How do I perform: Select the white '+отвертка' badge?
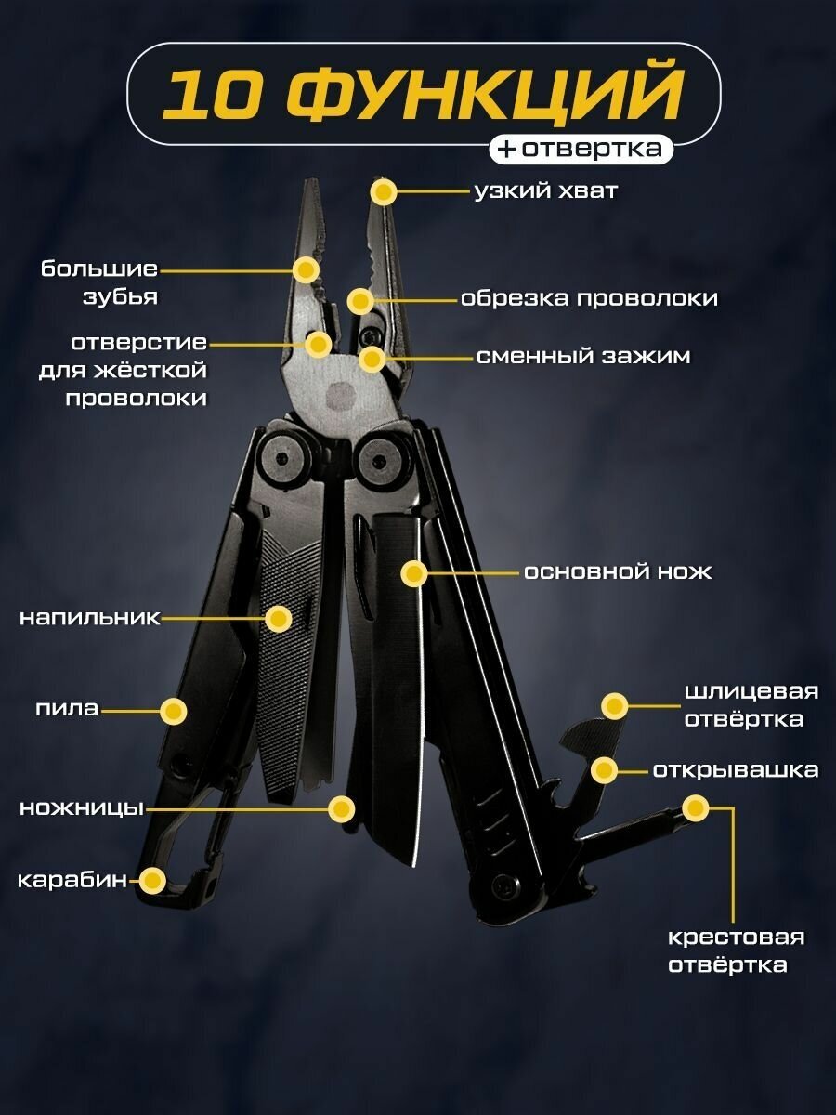tap(581, 149)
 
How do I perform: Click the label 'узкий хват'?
tap(545, 192)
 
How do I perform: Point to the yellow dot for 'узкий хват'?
tap(384, 192)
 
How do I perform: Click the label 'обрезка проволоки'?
tap(589, 299)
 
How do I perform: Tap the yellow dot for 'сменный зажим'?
tap(372, 358)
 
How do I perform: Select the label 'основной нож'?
tap(618, 572)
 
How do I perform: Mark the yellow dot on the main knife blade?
tap(414, 573)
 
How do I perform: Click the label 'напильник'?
tap(90, 618)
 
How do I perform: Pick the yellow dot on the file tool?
tap(278, 618)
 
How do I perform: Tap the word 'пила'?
tap(66, 710)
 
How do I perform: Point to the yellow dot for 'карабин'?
tap(151, 879)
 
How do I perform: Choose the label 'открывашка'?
tap(735, 770)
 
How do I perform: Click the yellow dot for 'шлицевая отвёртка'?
tap(614, 706)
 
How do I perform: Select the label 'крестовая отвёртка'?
tap(737, 951)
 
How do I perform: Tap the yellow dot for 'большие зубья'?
tap(306, 270)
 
